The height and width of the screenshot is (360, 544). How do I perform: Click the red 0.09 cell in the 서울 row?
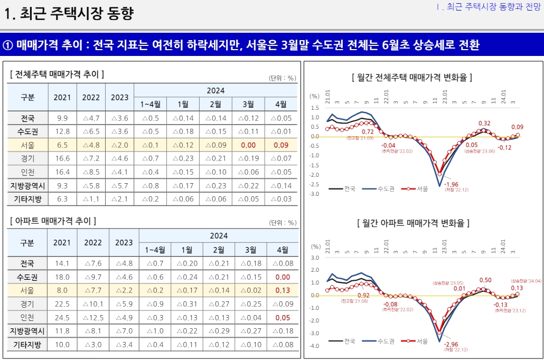281,145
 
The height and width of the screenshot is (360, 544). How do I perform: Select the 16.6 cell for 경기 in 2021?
62,158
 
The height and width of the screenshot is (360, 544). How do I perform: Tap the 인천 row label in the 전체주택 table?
28,172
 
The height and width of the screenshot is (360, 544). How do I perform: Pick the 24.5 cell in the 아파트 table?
62,318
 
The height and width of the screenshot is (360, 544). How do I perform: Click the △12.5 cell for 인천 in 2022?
93,318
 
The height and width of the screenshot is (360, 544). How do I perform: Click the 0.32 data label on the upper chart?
484,123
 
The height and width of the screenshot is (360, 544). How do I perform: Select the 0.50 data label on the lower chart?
485,280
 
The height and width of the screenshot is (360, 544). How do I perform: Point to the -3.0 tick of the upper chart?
314,194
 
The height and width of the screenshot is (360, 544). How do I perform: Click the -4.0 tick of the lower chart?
314,346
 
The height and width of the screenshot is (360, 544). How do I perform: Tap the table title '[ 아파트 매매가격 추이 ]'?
53,221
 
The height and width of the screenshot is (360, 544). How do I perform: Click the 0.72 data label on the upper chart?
367,131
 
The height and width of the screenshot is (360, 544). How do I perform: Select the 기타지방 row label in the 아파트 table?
28,345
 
